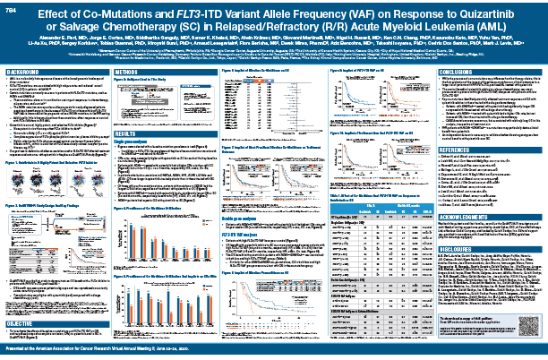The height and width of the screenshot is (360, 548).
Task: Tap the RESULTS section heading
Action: [126, 129]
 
